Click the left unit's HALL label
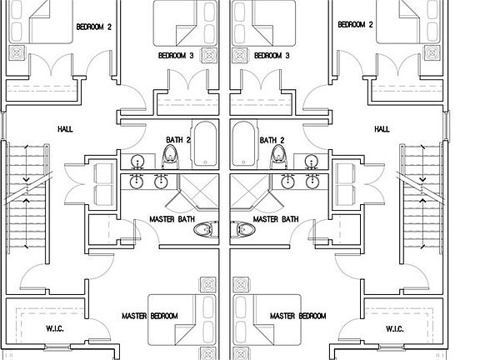click(x=65, y=129)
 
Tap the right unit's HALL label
click(x=382, y=129)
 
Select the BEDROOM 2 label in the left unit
click(x=93, y=27)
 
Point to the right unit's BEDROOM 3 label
click(x=272, y=56)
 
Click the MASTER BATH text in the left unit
click(x=172, y=219)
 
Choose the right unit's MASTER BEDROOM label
click(x=297, y=316)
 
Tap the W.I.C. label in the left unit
click(x=55, y=329)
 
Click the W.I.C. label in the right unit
click(x=394, y=329)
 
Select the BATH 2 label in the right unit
click(x=272, y=140)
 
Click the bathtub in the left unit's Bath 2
click(x=205, y=144)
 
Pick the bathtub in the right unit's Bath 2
click(x=243, y=144)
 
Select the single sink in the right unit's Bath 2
click(x=311, y=160)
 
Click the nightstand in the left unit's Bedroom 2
click(x=16, y=53)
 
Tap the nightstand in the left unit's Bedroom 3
click(x=209, y=55)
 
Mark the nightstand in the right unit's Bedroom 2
click(x=432, y=53)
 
